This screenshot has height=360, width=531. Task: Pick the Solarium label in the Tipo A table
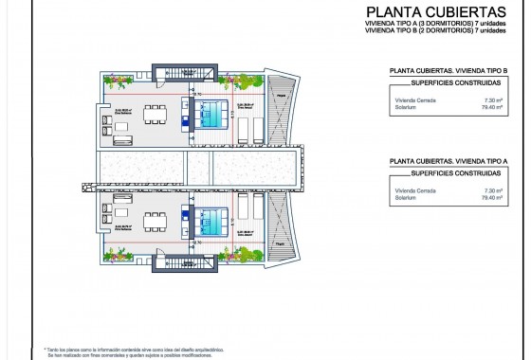[x=407, y=198]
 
